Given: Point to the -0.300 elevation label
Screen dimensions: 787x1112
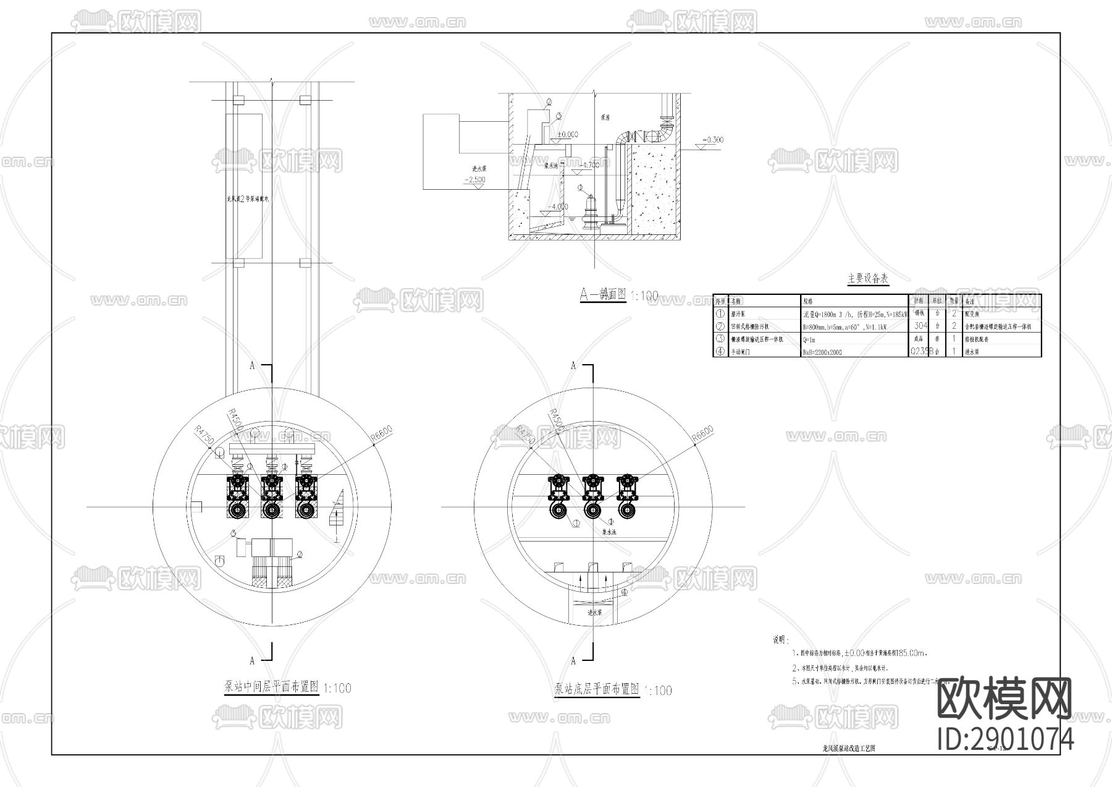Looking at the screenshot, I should [713, 140].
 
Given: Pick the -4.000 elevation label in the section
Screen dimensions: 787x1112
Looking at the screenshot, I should [558, 206].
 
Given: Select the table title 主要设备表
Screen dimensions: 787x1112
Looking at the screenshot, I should [867, 279].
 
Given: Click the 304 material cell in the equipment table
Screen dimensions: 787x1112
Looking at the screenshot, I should [920, 326].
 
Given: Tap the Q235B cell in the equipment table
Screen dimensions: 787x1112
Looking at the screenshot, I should [920, 352].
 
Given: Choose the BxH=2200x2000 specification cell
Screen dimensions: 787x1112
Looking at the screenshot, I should [822, 352].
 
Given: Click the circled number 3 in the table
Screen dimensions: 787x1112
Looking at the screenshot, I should [720, 339].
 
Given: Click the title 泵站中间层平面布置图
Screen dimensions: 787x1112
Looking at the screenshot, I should [271, 686].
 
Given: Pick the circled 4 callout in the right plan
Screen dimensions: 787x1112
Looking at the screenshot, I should [625, 592].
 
